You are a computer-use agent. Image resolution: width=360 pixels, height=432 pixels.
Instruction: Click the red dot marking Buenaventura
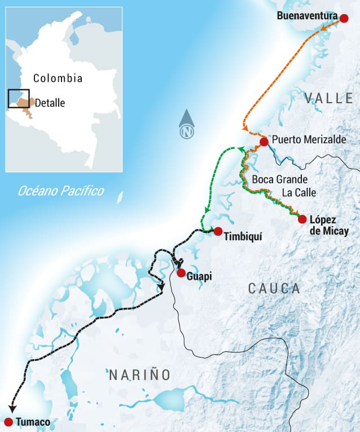point(344,17)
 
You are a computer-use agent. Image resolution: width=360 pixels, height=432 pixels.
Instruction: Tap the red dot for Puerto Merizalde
point(264,141)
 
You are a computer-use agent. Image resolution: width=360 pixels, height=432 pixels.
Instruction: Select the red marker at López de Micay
point(302,219)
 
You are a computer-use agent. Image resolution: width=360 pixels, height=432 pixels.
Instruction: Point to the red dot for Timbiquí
point(218,231)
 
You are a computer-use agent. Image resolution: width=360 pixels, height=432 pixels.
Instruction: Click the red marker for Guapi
point(181,273)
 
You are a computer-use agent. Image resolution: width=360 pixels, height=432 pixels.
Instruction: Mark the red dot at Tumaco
point(8,422)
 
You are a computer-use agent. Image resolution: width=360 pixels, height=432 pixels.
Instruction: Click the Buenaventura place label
point(307,16)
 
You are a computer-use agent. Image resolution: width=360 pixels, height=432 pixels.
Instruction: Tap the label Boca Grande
point(280,179)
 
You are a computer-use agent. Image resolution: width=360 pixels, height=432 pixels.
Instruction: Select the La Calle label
point(298,193)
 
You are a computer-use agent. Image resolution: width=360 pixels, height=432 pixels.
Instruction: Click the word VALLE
point(328,99)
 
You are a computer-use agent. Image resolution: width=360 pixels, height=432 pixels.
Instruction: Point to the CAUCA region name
point(274,289)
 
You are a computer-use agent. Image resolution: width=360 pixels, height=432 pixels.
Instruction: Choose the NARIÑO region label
point(139,374)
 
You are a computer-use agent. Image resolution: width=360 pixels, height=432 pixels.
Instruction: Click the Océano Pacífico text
point(60,191)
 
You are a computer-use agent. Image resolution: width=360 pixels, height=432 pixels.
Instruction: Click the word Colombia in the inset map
point(58,78)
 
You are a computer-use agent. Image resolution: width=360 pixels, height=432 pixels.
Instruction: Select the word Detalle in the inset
point(50,103)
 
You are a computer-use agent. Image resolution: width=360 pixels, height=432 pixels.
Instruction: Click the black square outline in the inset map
point(19,99)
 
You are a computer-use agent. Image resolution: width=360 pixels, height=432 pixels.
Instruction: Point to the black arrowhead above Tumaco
point(12,409)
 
